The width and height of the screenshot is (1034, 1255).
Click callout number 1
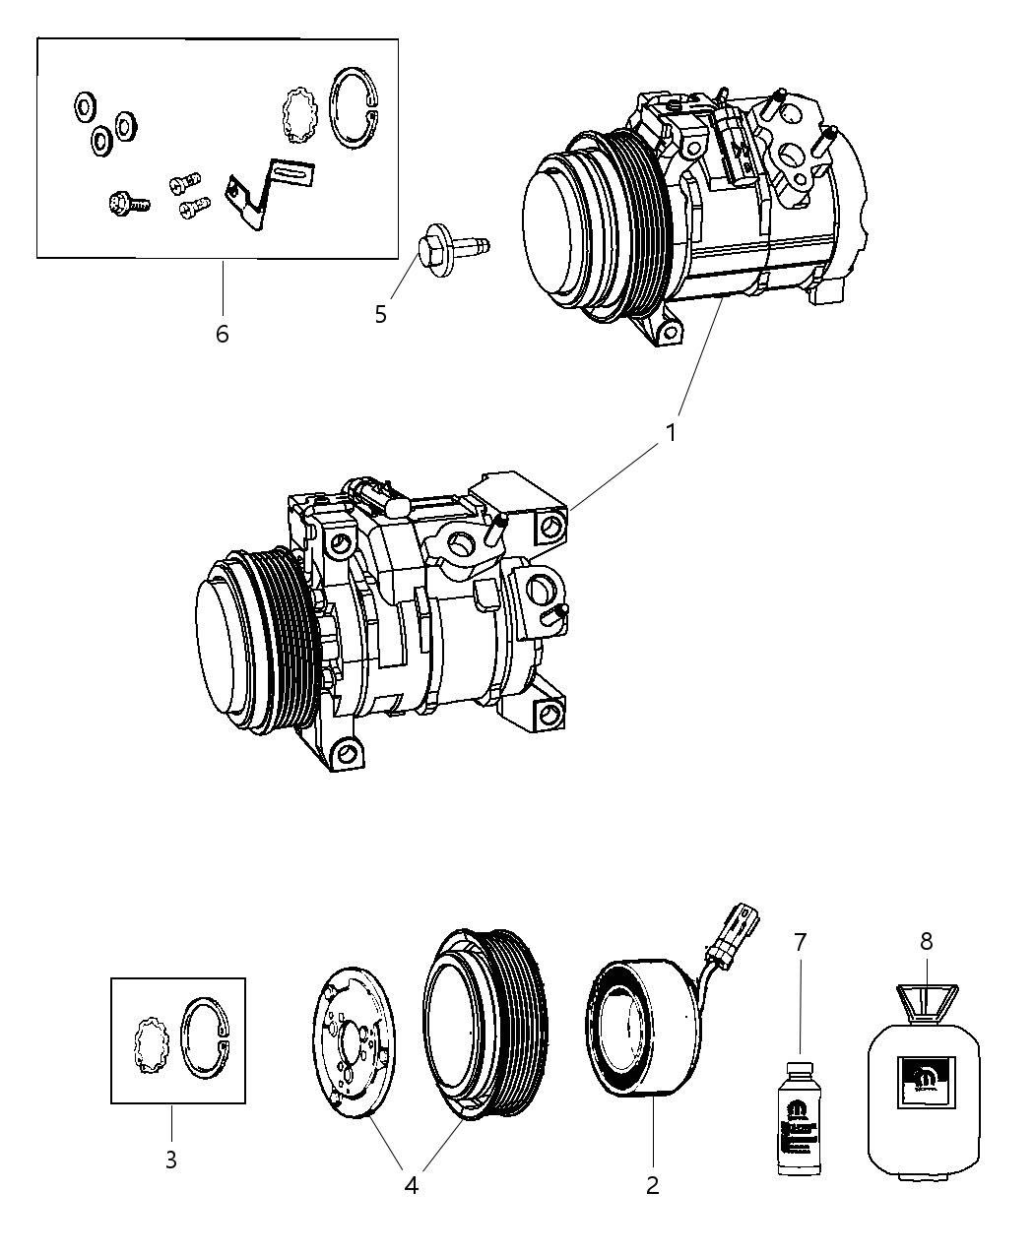click(671, 432)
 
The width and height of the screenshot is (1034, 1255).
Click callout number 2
click(652, 1185)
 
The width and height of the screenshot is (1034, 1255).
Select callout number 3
click(170, 1161)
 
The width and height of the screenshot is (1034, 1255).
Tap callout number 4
click(411, 1185)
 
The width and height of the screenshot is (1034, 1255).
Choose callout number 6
click(223, 334)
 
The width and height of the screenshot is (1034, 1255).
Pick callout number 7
click(799, 942)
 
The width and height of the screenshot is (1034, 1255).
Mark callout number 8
click(926, 941)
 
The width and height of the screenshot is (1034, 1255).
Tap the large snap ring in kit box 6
click(354, 109)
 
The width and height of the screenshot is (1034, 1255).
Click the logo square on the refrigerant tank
click(926, 1082)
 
